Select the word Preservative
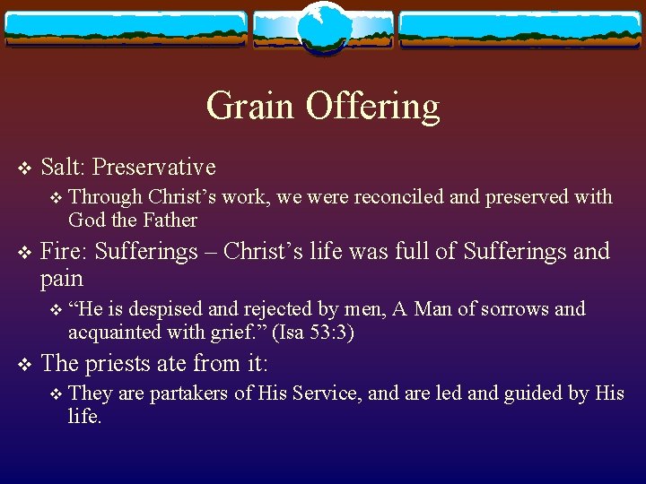(154, 167)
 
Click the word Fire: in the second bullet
(65, 251)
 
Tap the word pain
(61, 279)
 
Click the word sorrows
(517, 309)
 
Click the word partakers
(189, 393)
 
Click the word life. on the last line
(84, 417)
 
